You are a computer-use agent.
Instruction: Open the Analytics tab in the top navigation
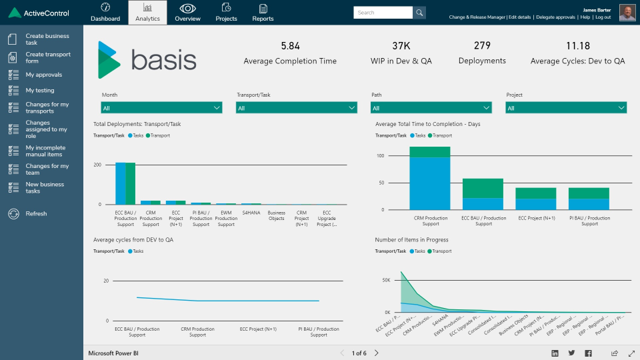point(147,13)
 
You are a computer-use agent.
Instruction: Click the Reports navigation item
point(263,13)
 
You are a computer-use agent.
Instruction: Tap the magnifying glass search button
point(419,13)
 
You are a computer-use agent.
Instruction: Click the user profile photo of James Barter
point(627,13)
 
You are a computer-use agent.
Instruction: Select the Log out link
point(603,17)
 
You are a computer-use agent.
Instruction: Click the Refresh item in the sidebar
point(36,214)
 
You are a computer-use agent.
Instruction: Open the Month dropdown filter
point(162,108)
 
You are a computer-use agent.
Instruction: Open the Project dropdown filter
point(565,108)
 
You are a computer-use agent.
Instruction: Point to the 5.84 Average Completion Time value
point(290,46)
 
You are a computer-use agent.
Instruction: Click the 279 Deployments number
point(482,46)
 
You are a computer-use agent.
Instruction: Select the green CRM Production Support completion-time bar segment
point(429,152)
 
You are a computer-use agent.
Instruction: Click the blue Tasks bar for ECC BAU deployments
point(120,183)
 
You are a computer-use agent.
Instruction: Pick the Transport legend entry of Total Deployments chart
point(159,135)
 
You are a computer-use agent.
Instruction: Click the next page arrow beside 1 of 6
point(377,353)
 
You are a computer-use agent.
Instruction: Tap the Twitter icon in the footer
point(571,353)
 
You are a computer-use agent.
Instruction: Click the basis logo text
point(163,59)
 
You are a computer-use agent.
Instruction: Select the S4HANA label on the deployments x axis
point(251,213)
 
